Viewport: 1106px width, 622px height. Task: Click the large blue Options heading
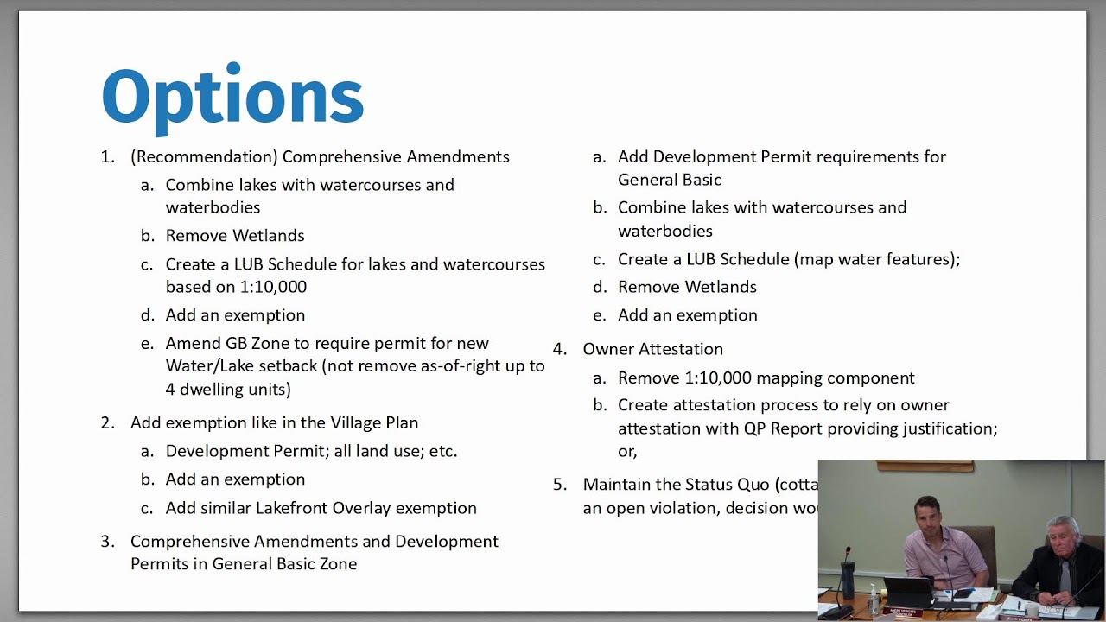coord(232,97)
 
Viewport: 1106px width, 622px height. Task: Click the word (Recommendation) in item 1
coord(203,157)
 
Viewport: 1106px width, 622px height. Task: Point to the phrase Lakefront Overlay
coord(327,508)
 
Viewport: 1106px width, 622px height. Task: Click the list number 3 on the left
coord(107,542)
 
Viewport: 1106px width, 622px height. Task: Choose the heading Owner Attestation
coord(652,349)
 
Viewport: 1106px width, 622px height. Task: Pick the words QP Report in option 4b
coord(789,428)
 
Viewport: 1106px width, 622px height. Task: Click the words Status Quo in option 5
coord(725,485)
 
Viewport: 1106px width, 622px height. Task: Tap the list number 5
coord(559,485)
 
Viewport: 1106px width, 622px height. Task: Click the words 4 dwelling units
coord(228,390)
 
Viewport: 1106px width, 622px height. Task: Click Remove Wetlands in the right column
coord(687,287)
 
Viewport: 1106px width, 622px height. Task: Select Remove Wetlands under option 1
coord(235,236)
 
